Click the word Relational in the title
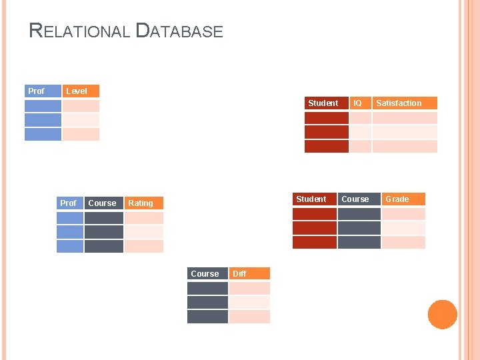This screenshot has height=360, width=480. (79, 31)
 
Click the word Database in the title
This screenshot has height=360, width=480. (179, 31)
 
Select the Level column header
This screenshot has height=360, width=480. (80, 91)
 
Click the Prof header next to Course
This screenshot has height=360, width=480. (69, 203)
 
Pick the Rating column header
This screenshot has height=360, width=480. (143, 203)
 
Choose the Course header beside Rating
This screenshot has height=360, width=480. (103, 203)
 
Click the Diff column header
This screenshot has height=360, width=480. (249, 273)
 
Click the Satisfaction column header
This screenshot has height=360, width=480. (403, 103)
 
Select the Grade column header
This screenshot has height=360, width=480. (403, 199)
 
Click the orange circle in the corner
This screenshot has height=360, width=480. (442, 314)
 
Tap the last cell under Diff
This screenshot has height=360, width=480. (249, 316)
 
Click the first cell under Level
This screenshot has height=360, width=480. (81, 106)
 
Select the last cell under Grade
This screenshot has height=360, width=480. (403, 242)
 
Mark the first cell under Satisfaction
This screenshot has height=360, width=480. (404, 118)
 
